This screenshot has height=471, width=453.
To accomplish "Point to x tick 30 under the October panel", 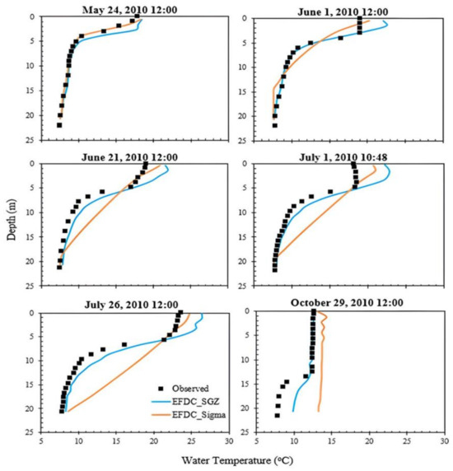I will coord(445,442).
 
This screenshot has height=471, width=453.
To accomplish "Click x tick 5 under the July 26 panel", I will coord(41,442).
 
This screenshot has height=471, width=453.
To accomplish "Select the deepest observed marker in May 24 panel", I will coord(59,125).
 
